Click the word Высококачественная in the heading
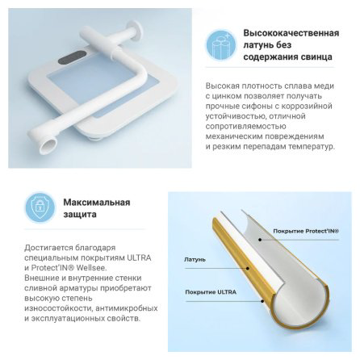291,33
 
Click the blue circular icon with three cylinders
221,44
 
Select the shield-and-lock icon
40,207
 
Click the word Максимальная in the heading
97,203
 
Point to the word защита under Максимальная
80,215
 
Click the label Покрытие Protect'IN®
306,231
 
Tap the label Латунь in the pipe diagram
195,260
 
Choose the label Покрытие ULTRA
211,292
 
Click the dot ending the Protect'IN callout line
260,239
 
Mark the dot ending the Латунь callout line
248,268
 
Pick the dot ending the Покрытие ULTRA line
262,301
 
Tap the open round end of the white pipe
48,146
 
